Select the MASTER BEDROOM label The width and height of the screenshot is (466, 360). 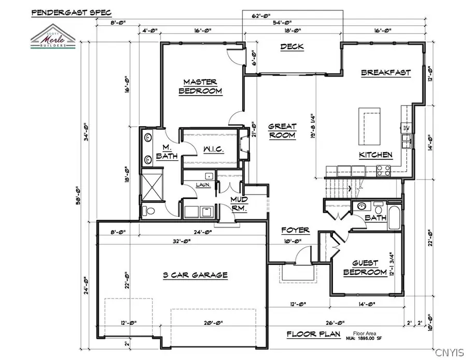click(200, 86)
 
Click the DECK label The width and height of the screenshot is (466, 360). click(292, 47)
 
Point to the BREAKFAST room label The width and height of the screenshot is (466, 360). click(385, 72)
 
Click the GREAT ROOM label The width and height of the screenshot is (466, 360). click(282, 131)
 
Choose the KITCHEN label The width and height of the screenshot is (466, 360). click(375, 155)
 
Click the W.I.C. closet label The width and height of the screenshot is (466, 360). click(212, 150)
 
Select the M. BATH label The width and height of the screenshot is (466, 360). click(170, 151)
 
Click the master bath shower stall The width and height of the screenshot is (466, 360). click(154, 186)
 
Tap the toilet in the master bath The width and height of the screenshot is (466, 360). click(148, 211)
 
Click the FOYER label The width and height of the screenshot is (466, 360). click(295, 230)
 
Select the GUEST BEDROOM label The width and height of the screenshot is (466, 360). click(366, 267)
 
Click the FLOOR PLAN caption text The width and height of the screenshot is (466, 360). click(315, 334)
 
